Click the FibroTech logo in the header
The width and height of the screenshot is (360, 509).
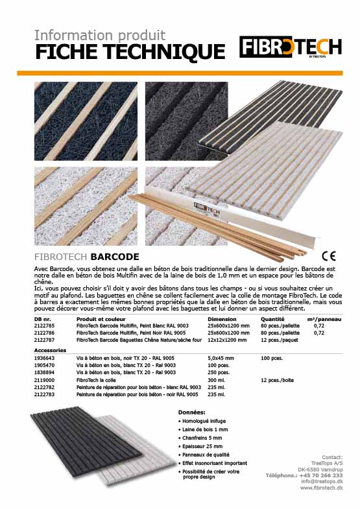(290, 47)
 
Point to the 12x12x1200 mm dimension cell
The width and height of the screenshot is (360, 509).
(228, 339)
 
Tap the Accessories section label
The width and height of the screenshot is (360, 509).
(51, 349)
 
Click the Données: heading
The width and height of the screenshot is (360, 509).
(191, 412)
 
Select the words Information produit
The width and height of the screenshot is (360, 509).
(99, 34)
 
